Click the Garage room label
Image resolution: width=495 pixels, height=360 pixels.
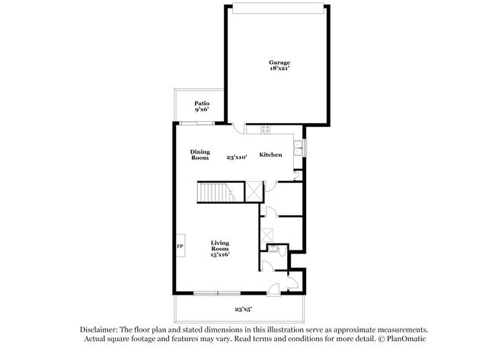279,62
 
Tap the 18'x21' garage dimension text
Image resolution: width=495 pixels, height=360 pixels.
279,69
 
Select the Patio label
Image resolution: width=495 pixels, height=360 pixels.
202,104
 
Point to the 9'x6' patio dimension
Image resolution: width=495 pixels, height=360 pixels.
202,110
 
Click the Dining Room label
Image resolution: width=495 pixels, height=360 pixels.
200,155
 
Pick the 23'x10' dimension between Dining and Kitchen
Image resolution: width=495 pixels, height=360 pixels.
237,158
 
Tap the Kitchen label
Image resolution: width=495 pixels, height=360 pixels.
271,155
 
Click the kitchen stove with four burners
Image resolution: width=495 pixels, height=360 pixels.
266,129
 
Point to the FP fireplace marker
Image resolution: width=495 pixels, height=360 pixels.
180,247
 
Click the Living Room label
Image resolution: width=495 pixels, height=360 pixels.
220,246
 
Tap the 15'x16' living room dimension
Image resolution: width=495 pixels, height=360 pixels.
220,255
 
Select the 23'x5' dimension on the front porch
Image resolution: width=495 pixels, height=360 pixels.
243,310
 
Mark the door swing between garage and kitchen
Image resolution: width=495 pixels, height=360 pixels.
239,129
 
